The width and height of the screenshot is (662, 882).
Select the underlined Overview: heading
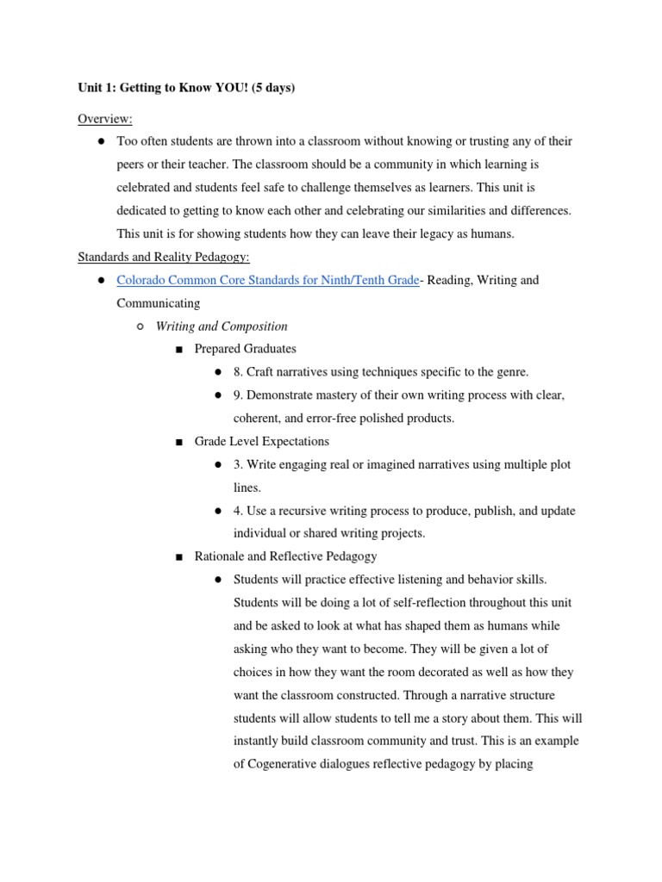tap(105, 117)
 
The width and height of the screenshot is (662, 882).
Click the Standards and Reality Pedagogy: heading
tap(163, 257)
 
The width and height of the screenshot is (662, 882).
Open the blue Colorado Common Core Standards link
tap(267, 280)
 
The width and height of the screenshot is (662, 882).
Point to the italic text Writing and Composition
tap(222, 326)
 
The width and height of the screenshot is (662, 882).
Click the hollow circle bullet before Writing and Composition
tap(141, 326)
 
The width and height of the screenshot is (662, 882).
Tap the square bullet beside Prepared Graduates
tap(179, 350)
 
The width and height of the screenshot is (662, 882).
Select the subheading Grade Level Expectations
tap(261, 441)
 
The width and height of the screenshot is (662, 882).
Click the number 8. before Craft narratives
tap(239, 372)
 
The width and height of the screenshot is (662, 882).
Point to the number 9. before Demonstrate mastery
tap(239, 395)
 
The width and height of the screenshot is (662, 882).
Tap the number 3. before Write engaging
tap(239, 464)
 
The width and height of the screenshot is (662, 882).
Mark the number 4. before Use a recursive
tap(239, 511)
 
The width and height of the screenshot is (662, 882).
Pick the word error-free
tap(343, 419)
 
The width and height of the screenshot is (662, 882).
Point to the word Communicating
tap(158, 303)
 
